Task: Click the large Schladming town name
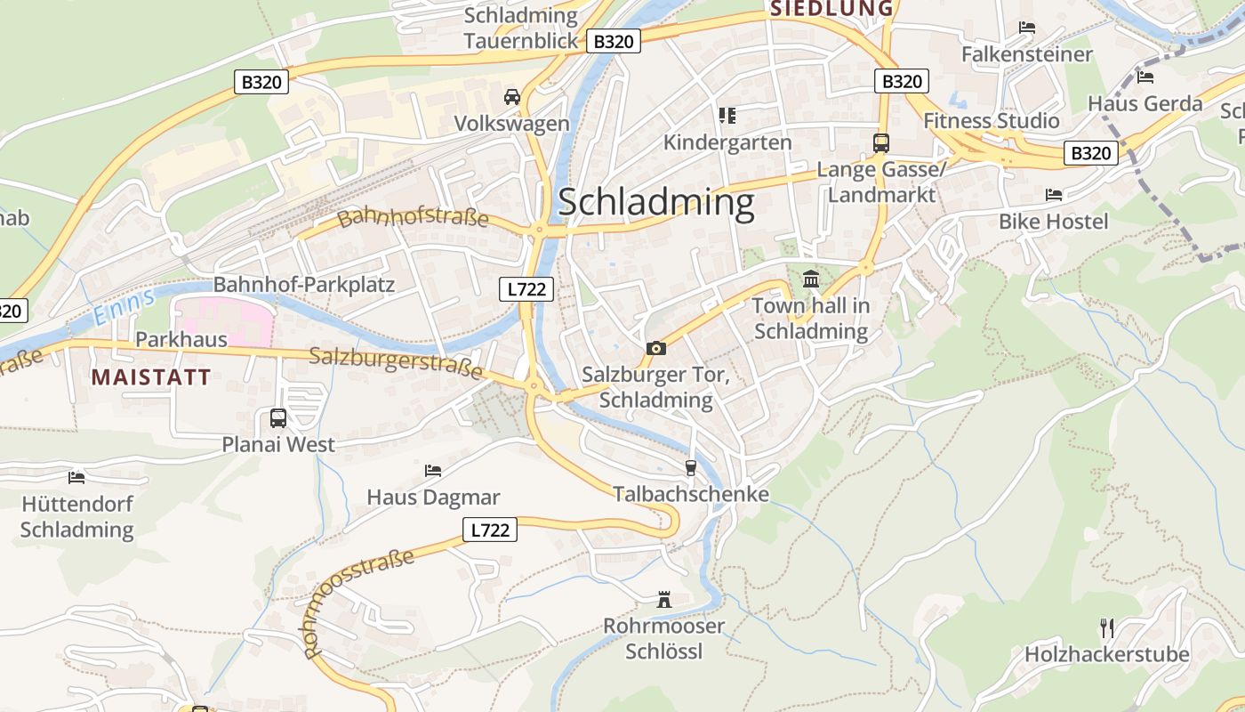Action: [x=656, y=203]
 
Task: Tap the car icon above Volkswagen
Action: [x=512, y=96]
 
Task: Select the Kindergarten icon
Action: [x=727, y=116]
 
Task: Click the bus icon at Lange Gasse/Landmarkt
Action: [x=881, y=142]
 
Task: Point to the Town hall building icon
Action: [x=811, y=279]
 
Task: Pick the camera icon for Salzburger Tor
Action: [x=656, y=348]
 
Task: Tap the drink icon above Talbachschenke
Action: [x=690, y=467]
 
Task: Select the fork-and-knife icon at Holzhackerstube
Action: [x=1107, y=627]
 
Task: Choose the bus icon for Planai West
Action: [x=278, y=417]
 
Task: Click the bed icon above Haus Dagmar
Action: [x=433, y=470]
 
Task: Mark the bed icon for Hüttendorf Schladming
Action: [x=76, y=477]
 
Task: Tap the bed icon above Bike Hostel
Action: [x=1054, y=194]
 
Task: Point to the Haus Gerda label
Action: [x=1145, y=103]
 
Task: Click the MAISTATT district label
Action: [x=151, y=376]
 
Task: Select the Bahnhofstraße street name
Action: [x=414, y=217]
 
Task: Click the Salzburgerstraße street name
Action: [x=396, y=362]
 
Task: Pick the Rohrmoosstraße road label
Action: [x=360, y=603]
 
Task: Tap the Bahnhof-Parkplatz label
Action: [x=303, y=285]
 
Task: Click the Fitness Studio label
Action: [x=992, y=120]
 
